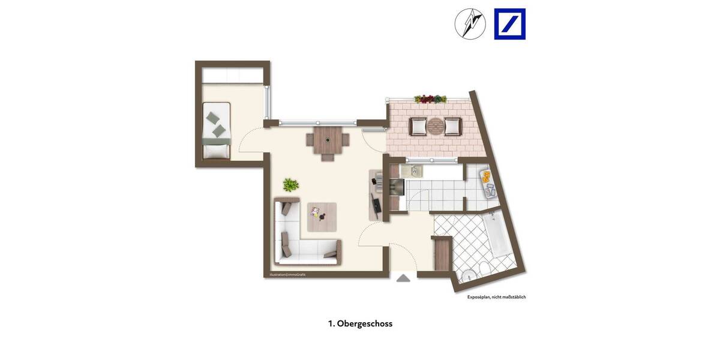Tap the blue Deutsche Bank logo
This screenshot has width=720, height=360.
point(509,24)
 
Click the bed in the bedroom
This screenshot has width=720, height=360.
point(216,130)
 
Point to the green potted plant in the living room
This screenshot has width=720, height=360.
point(291,185)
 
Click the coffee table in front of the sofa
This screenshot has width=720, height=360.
point(322,217)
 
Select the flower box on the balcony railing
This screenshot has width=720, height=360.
point(430,99)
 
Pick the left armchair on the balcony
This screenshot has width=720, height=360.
point(418,127)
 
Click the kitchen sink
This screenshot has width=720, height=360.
point(412,171)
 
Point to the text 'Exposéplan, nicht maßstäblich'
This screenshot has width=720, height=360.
point(496,297)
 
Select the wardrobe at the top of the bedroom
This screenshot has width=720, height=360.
point(233,76)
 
